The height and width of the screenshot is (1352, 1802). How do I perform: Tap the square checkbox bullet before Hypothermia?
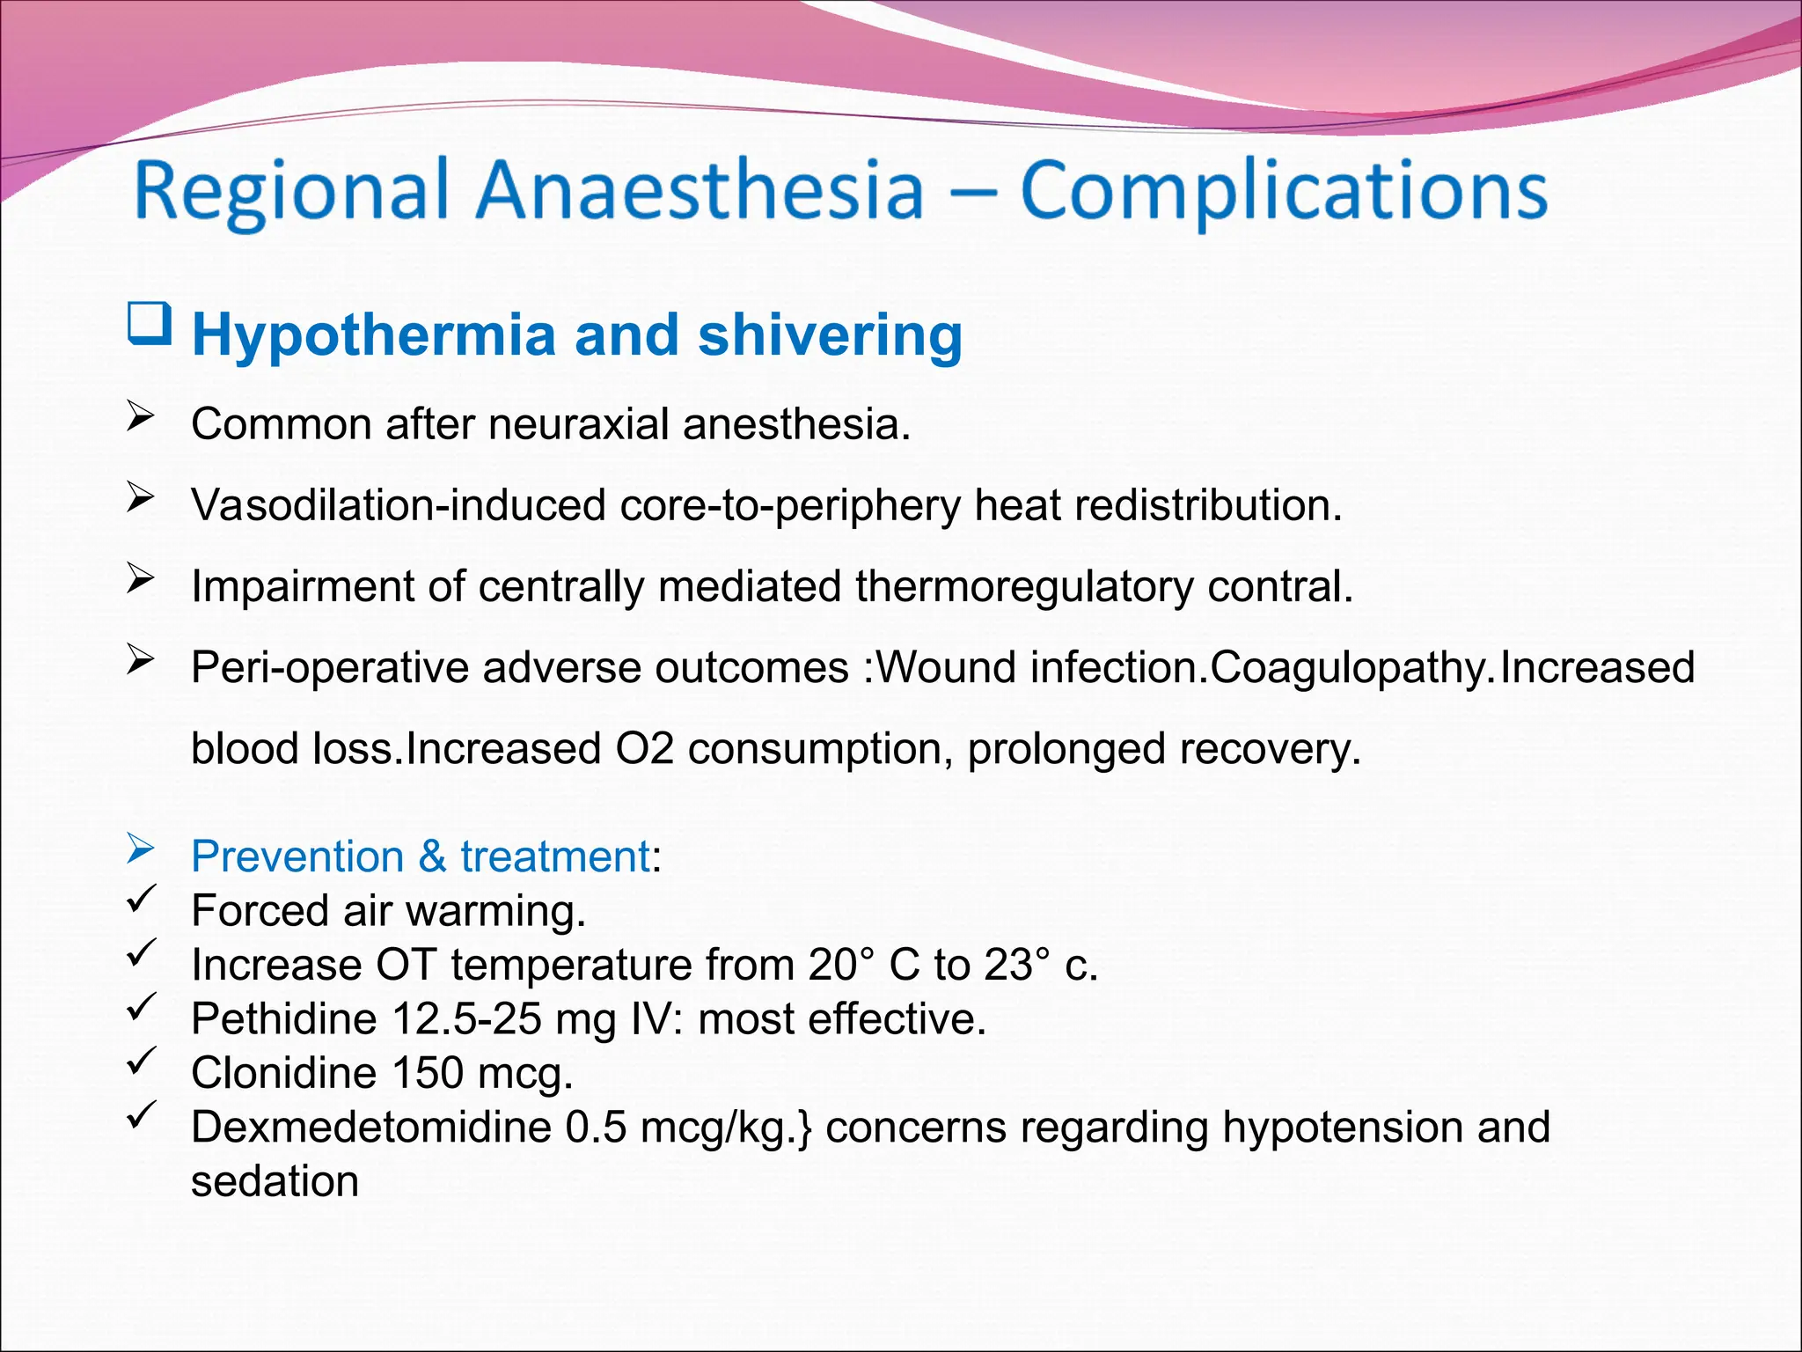tap(149, 323)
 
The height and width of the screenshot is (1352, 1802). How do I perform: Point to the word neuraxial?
tap(581, 424)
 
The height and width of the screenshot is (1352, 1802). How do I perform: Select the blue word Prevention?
tap(297, 856)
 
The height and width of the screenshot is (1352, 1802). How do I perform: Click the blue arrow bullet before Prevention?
tap(141, 849)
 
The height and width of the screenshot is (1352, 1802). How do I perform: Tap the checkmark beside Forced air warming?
tap(141, 899)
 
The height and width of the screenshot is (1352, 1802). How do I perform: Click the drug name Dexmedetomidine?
tap(370, 1128)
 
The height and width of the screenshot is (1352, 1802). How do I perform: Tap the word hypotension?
tap(1342, 1128)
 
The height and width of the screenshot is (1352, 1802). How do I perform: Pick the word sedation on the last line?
tap(275, 1181)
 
